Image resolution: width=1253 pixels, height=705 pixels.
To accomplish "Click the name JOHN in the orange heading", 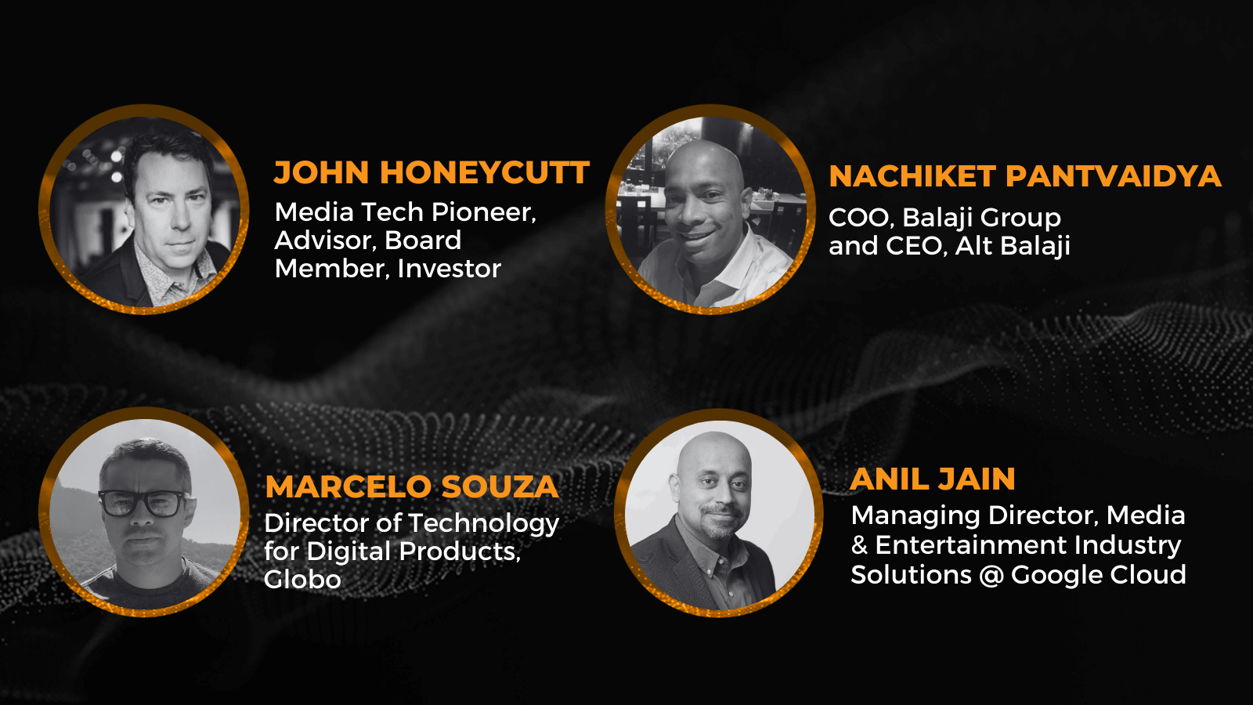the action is coord(321,172).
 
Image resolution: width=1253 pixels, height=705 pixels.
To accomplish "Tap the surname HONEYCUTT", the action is coord(485,172).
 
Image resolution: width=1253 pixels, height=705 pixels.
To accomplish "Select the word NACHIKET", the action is coord(912,176).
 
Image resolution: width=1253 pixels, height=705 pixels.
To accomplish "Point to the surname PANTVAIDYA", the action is coord(1113,176).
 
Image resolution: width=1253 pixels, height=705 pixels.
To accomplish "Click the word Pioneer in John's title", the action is coord(484,212).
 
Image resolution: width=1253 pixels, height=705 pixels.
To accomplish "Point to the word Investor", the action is coord(450,269).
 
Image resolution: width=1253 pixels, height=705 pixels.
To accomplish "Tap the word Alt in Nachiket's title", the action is coord(973,246).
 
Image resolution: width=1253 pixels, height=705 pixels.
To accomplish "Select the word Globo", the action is coord(302,579).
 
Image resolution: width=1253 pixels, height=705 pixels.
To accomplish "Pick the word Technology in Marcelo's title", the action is coord(484,524).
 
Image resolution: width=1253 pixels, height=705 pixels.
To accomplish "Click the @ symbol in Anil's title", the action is coord(991,575).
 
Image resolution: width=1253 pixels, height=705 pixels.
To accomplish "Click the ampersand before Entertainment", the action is coord(859,545).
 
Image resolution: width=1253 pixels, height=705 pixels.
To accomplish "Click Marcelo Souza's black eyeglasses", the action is coord(143,503).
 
